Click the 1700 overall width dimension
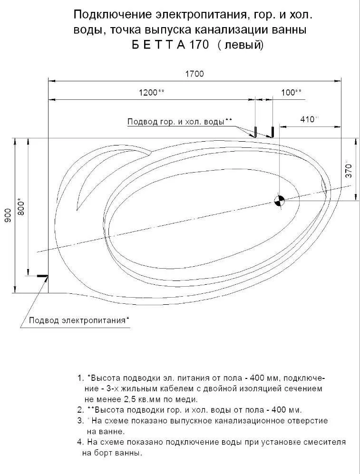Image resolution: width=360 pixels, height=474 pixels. point(194,74)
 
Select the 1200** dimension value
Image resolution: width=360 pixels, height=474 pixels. point(152,92)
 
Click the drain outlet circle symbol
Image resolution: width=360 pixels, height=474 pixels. point(279,200)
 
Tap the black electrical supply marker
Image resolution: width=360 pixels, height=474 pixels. point(42,275)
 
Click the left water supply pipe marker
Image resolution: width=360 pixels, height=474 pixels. point(255,131)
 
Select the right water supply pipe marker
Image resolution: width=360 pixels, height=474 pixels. point(272,131)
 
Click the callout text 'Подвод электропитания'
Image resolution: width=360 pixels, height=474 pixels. point(78,320)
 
